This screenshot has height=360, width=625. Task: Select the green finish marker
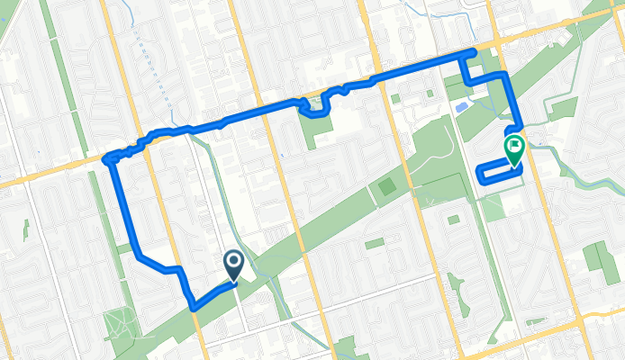(514, 150)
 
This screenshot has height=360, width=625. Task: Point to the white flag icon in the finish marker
(514, 145)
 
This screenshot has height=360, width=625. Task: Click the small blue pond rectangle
(462, 107)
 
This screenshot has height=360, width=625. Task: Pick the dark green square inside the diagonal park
(386, 187)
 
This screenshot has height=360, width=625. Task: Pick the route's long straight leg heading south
(124, 207)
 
